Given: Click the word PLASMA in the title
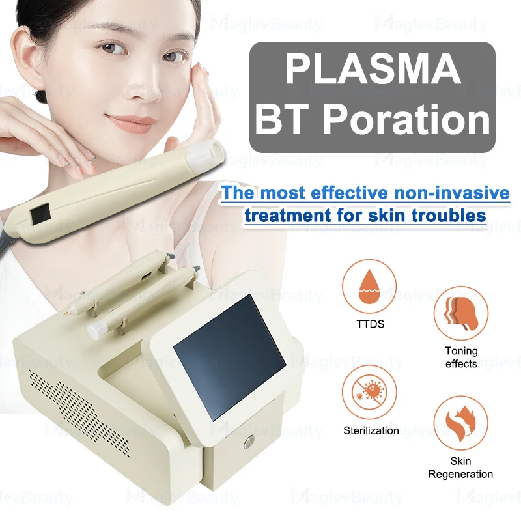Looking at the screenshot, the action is (x=373, y=70).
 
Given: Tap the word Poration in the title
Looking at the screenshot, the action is (x=406, y=119).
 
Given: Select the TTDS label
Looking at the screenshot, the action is (x=370, y=324).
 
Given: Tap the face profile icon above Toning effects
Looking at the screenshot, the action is (x=461, y=313).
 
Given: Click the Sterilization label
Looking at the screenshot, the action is (x=371, y=430).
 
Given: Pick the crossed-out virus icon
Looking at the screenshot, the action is (x=369, y=392).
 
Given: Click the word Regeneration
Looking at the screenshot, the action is (x=460, y=474).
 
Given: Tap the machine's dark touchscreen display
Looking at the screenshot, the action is (x=229, y=357).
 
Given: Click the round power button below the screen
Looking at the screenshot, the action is (x=249, y=443).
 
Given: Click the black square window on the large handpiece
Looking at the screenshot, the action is (x=40, y=213).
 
